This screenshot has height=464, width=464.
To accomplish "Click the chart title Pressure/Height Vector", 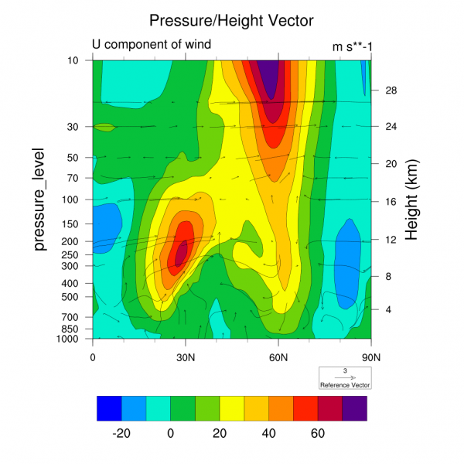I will (x=231, y=19).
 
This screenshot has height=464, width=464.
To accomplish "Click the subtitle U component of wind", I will (x=152, y=45).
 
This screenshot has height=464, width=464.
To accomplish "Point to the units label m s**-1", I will (x=353, y=46).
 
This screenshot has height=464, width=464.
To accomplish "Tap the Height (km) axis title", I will (x=412, y=200).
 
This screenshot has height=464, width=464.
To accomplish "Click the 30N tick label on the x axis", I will (x=186, y=357).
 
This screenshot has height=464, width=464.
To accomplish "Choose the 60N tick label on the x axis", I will (x=278, y=357).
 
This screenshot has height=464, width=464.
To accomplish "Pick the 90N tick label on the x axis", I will (x=371, y=357).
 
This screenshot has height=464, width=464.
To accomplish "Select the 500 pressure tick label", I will (x=73, y=296).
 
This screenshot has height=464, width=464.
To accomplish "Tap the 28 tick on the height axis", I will (x=391, y=90).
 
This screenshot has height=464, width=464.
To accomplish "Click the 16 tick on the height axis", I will (x=391, y=202).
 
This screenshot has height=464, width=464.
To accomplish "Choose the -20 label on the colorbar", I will (x=121, y=434).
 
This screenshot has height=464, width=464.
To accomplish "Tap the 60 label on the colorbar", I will (x=318, y=434).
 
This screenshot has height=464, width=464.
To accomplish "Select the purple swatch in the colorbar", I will (x=355, y=408).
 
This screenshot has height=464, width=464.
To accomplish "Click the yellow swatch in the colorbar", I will (x=232, y=408).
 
